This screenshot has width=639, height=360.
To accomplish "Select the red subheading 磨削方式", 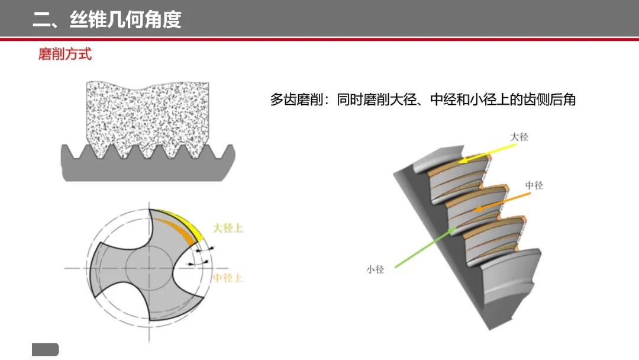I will click(x=65, y=54).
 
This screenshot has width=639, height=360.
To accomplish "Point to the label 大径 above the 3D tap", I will click(x=519, y=137).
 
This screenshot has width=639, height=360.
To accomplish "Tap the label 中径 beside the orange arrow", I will click(x=534, y=185).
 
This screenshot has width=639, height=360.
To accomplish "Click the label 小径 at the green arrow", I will click(x=375, y=269).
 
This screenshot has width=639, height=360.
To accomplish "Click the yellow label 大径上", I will click(x=227, y=228).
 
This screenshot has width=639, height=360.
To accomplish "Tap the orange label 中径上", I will click(x=227, y=278).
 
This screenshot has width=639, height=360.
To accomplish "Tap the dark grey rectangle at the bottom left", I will click(x=45, y=349).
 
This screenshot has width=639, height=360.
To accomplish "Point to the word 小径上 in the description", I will click(x=486, y=100).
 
